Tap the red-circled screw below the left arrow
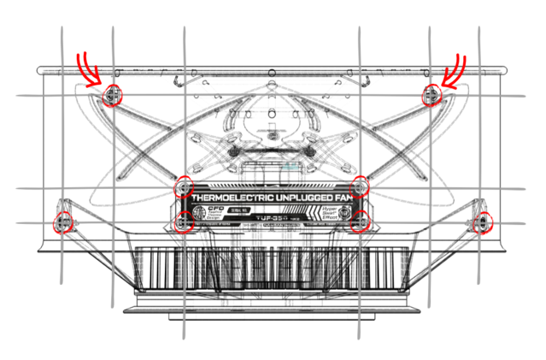coord(111,96)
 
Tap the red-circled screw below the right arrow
coord(431,94)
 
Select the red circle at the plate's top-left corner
coord(182,187)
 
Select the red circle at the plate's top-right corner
coord(361,186)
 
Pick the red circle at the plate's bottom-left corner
coord(182,223)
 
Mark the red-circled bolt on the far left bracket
coord(62,224)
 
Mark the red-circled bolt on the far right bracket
coord(482,222)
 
